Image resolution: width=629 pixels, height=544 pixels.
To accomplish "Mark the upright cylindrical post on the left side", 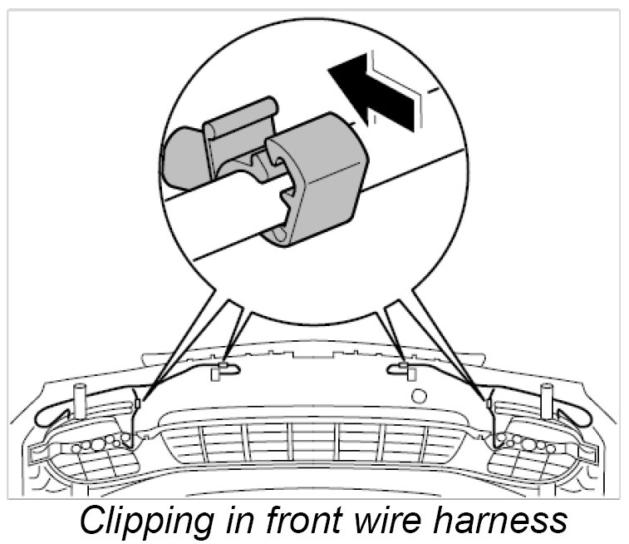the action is coord(81,401).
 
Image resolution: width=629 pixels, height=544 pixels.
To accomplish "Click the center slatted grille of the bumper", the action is coord(314,441).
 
